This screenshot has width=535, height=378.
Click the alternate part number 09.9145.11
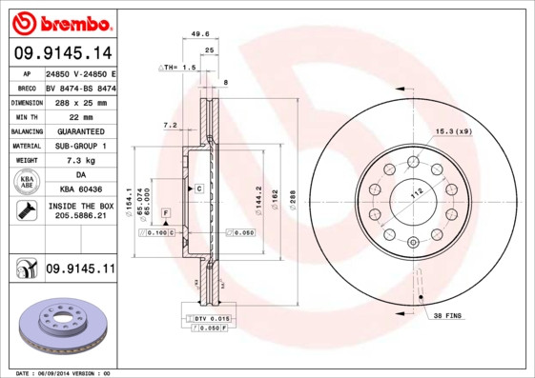point(80,270)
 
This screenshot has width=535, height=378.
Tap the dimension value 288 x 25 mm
point(80,102)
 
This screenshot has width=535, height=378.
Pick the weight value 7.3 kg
point(80,161)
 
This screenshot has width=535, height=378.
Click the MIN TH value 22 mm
point(80,116)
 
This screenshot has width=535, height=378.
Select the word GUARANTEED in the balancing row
point(80,131)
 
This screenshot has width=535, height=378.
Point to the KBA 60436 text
point(80,190)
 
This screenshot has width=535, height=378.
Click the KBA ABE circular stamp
point(26,184)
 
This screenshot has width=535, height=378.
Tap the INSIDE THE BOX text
point(80,206)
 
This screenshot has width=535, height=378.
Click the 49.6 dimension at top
point(200,33)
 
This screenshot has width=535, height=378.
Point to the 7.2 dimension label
point(171,125)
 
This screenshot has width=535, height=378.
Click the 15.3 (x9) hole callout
point(454,130)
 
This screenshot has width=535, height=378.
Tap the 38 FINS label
point(447,315)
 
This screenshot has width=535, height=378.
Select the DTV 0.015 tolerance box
point(213,317)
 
